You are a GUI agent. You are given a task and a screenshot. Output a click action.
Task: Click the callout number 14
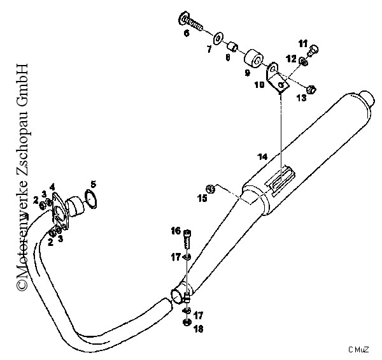262,157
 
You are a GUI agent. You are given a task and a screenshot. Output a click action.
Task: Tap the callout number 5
93,184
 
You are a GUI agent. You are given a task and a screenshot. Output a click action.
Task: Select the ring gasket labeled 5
90,199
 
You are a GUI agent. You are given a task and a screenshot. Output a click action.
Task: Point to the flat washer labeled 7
218,38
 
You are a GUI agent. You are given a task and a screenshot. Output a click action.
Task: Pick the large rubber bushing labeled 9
253,59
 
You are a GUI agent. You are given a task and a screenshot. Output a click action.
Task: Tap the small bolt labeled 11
313,50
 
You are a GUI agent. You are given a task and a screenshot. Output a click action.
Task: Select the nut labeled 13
311,89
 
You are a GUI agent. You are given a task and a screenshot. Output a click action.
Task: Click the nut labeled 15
211,189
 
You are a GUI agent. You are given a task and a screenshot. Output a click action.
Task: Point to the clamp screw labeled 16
187,239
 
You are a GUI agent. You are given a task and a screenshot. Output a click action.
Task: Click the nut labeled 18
187,323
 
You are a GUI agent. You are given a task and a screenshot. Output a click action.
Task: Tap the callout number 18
199,329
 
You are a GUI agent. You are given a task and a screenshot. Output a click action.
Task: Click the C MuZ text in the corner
358,350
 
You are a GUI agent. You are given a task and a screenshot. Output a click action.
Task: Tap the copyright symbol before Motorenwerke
22,285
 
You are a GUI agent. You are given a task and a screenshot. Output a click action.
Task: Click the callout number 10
260,85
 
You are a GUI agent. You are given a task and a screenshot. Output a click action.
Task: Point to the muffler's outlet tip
367,99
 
